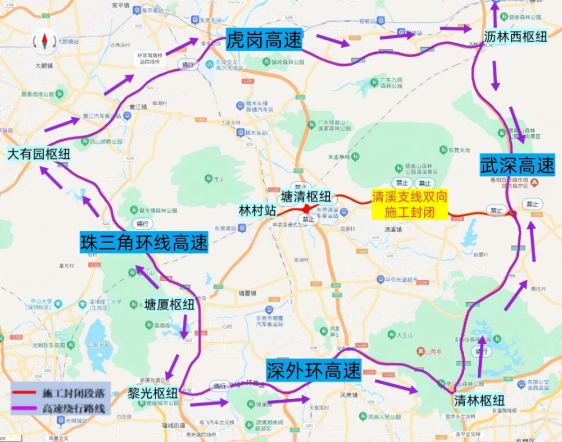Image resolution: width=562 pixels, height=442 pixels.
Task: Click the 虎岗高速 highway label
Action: [x=264, y=40]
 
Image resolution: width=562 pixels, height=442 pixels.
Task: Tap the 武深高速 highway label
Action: [x=517, y=166]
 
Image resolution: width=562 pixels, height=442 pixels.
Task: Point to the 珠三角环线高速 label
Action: [x=144, y=243]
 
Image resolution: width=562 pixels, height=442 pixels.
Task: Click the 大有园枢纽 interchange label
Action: [x=39, y=154]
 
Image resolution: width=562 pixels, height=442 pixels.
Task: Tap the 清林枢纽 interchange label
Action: [x=479, y=400]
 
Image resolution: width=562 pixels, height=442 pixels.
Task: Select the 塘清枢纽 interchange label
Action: [x=306, y=197]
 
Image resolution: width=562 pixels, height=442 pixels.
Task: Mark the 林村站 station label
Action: [x=257, y=211]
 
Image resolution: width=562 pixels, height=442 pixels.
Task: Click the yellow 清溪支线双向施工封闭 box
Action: [x=409, y=204]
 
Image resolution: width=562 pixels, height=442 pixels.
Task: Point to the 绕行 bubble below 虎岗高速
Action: [x=187, y=65]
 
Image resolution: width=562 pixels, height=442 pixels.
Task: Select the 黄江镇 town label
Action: [x=138, y=106]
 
